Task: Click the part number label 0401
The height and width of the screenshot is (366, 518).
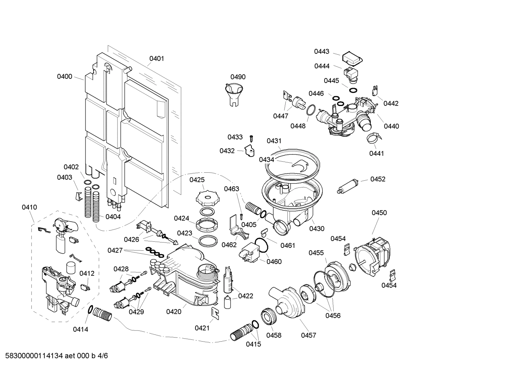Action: click(x=157, y=58)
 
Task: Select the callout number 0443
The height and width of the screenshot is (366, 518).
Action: click(x=322, y=51)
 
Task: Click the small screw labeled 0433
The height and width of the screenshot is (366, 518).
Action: click(x=252, y=138)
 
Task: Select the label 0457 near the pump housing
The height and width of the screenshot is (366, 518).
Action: click(x=308, y=335)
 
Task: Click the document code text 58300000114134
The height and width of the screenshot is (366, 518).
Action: click(x=32, y=356)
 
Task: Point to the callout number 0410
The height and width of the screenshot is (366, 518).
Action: click(x=29, y=207)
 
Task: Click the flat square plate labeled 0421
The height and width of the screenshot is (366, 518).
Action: click(x=215, y=313)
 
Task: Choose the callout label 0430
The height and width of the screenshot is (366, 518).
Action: click(x=317, y=228)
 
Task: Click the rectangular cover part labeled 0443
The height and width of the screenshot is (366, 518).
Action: click(x=352, y=58)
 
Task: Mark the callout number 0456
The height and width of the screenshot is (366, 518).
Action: click(x=333, y=316)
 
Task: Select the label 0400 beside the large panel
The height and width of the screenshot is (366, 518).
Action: click(x=65, y=76)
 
